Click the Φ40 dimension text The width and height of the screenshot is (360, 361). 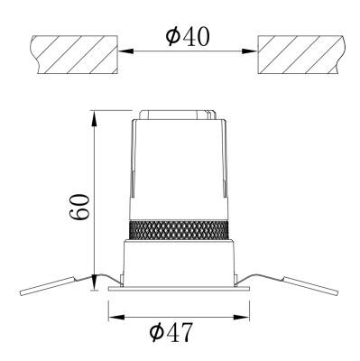pos(187,37)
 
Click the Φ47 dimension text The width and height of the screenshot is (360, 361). pos(171,332)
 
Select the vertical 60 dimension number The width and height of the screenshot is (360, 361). pos(79,207)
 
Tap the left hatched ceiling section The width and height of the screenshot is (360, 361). pos(74,54)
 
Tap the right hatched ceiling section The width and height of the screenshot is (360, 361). pos(301,54)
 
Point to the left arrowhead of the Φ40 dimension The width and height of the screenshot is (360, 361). pos(125,51)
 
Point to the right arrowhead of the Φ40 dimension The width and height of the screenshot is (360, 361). pos(250,51)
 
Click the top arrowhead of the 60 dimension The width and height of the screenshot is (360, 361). pos(95,118)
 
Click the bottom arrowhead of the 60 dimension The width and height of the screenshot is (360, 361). pos(95,282)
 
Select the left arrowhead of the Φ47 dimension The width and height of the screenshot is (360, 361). pos(116,317)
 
